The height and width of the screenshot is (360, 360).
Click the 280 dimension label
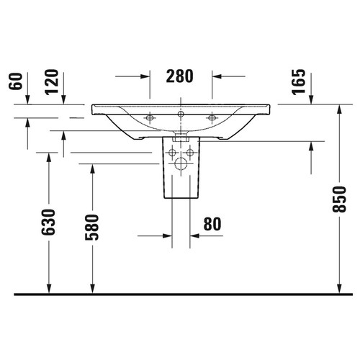tap(179, 76)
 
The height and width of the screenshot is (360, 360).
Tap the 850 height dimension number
tap(339, 199)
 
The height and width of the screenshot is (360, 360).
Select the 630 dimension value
tap(48, 222)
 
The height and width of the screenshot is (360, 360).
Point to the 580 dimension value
tap(92, 228)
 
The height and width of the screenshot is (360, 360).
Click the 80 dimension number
tap(212, 224)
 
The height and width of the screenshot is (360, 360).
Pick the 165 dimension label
tap(298, 82)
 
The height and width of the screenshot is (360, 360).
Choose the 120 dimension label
tap(52, 82)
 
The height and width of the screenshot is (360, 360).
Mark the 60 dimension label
tap(15, 81)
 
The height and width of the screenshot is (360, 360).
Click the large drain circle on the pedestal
tap(181, 164)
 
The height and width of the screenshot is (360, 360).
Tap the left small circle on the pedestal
tap(172, 153)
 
